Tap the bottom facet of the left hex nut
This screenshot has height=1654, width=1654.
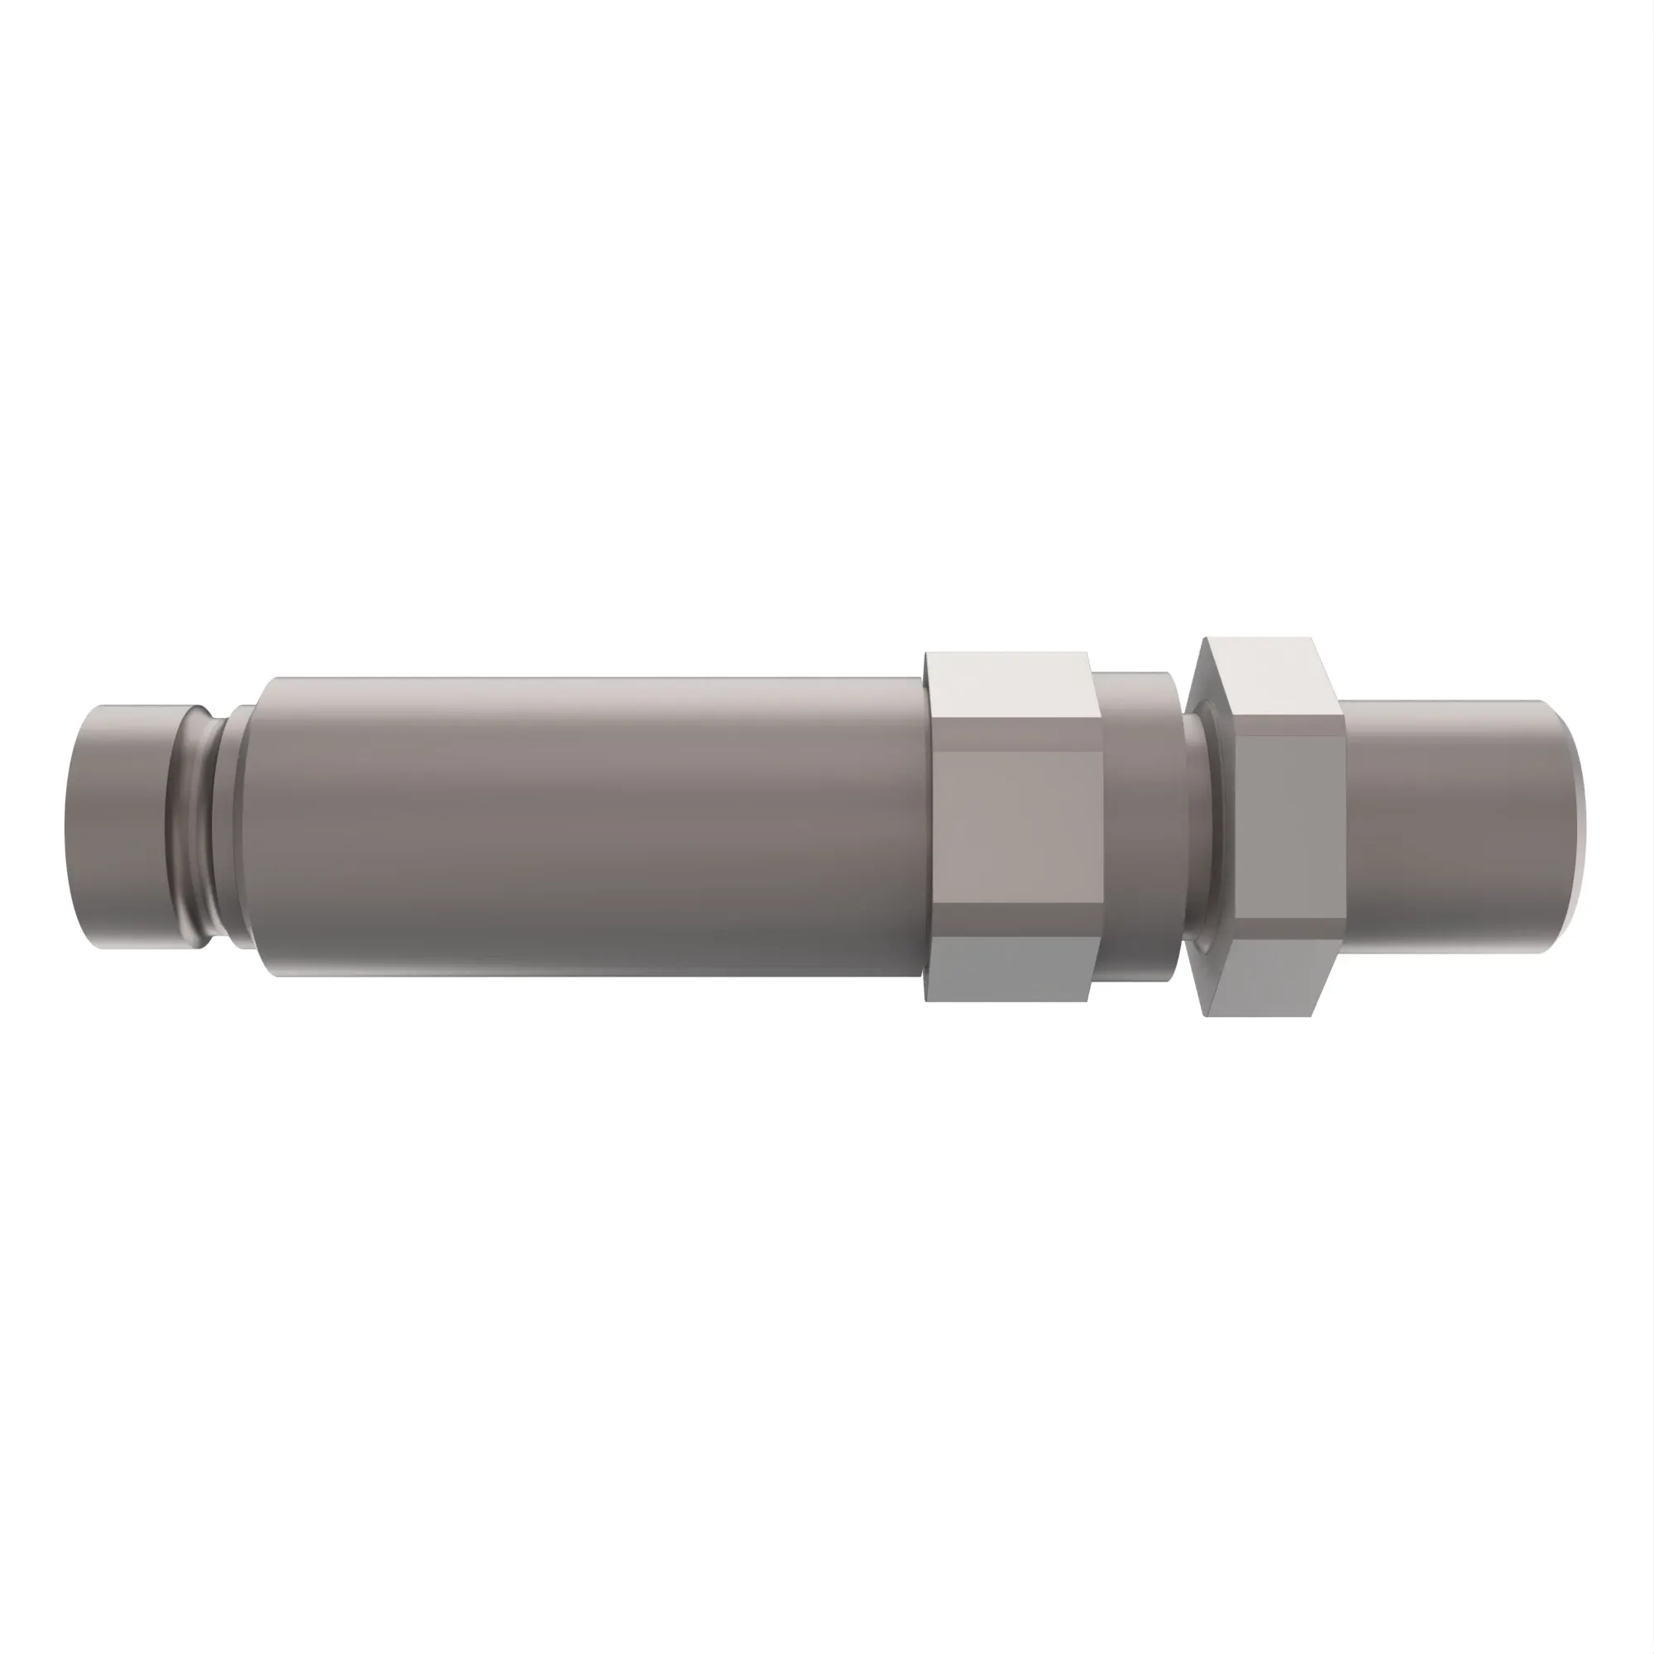1011,968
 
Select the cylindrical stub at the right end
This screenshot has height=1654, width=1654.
1456,825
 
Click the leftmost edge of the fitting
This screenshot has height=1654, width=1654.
65,827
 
